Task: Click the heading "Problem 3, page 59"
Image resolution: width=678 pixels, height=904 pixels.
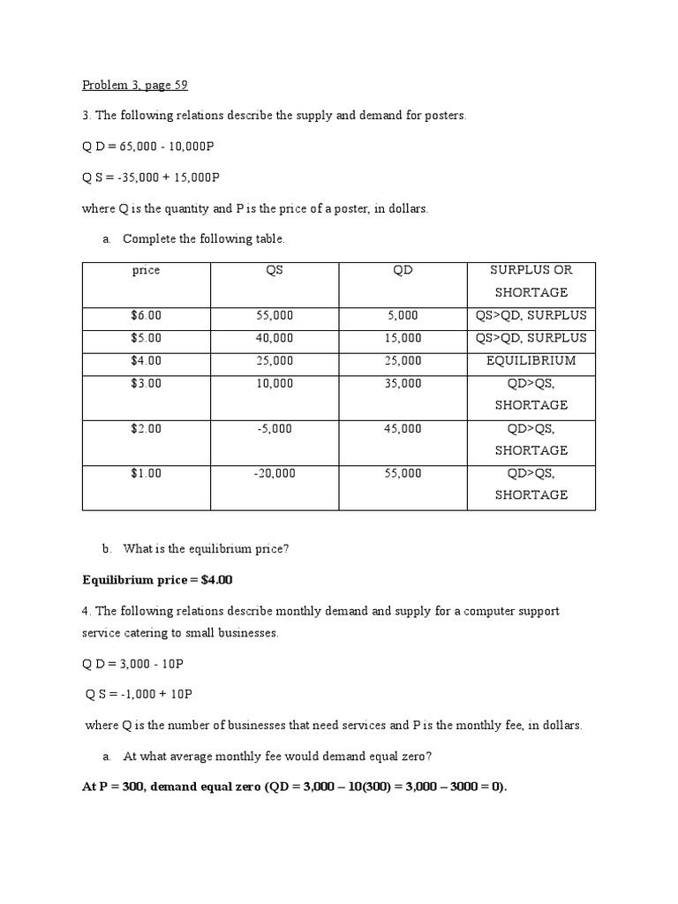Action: point(135,85)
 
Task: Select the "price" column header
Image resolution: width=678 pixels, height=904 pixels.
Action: point(146,270)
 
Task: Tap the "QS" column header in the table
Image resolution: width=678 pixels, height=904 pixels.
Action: point(275,270)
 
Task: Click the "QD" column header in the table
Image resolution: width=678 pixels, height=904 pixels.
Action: point(403,270)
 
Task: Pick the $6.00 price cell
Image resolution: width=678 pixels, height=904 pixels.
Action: point(146,315)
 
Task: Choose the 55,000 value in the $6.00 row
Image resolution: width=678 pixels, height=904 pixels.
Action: point(275,315)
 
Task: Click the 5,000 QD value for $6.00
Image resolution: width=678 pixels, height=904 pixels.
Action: point(403,315)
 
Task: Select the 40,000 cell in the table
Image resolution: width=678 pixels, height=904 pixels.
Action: point(275,338)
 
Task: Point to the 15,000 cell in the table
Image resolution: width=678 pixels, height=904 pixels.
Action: point(403,338)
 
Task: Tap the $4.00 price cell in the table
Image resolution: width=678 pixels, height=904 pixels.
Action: point(146,360)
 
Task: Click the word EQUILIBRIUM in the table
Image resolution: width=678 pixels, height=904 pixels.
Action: point(531,360)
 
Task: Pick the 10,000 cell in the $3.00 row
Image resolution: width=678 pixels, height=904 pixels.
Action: point(275,383)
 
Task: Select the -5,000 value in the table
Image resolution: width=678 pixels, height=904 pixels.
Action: point(275,428)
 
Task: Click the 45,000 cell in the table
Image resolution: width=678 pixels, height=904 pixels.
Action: point(403,428)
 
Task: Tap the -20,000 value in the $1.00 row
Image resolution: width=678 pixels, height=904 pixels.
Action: point(275,473)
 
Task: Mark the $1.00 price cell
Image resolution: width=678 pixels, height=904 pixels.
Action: point(146,473)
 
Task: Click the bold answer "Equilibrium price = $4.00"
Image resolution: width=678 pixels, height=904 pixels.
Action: point(157,580)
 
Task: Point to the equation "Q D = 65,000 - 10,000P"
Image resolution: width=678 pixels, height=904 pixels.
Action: point(148,147)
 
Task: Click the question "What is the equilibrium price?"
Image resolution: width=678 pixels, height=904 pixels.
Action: point(207,548)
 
